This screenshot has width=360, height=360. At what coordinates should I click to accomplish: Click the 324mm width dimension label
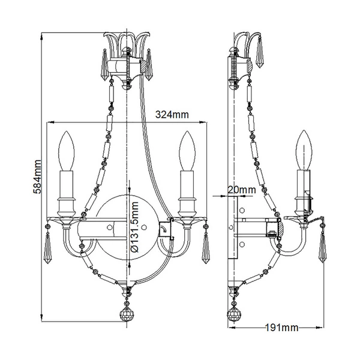[x=172, y=115]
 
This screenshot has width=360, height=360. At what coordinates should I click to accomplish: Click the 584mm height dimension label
[x=37, y=177]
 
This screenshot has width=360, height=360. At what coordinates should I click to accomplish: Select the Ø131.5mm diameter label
[x=135, y=227]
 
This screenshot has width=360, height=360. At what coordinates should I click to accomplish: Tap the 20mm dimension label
[x=242, y=190]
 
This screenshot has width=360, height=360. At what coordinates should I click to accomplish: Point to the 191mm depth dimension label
[x=282, y=328]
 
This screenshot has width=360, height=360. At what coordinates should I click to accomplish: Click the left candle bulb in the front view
[x=67, y=151]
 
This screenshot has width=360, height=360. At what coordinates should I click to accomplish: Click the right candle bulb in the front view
[x=187, y=151]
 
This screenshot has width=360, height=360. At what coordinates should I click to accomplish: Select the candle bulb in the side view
[x=304, y=150]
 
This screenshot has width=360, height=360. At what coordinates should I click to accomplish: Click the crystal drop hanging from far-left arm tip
[x=47, y=248]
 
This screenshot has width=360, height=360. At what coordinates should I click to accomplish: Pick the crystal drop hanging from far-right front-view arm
[x=205, y=248]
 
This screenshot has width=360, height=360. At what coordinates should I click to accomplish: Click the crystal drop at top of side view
[x=260, y=52]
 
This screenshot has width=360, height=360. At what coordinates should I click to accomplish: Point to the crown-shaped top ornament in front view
[x=127, y=45]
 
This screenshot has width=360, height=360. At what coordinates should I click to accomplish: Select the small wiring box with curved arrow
[x=165, y=230]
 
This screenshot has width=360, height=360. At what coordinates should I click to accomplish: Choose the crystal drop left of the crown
[x=105, y=65]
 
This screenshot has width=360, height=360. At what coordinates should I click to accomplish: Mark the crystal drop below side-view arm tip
[x=322, y=247]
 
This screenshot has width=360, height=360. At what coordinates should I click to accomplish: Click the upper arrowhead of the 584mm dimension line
[x=41, y=36]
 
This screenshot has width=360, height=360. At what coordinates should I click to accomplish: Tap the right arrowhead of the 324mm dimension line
[x=203, y=122]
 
